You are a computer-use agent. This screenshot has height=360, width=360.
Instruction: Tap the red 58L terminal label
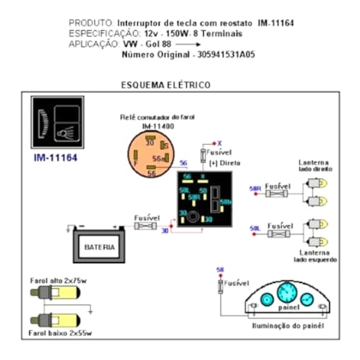[255, 228]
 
